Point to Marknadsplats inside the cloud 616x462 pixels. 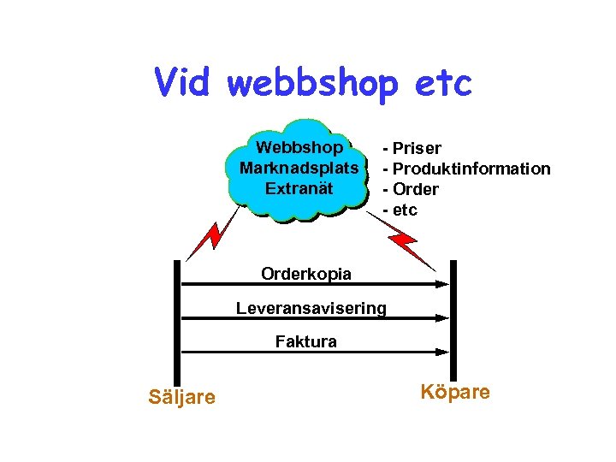click(x=299, y=167)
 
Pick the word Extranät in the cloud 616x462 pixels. click(x=298, y=187)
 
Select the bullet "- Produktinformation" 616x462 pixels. click(x=466, y=169)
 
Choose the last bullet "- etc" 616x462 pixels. click(x=400, y=210)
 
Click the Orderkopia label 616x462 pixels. click(x=306, y=274)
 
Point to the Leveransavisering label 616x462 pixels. click(x=311, y=308)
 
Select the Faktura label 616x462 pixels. click(x=306, y=342)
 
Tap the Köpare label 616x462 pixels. click(x=455, y=392)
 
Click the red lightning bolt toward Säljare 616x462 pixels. click(x=206, y=237)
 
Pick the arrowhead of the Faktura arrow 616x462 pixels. click(x=442, y=351)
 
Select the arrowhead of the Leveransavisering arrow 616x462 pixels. click(x=442, y=317)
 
